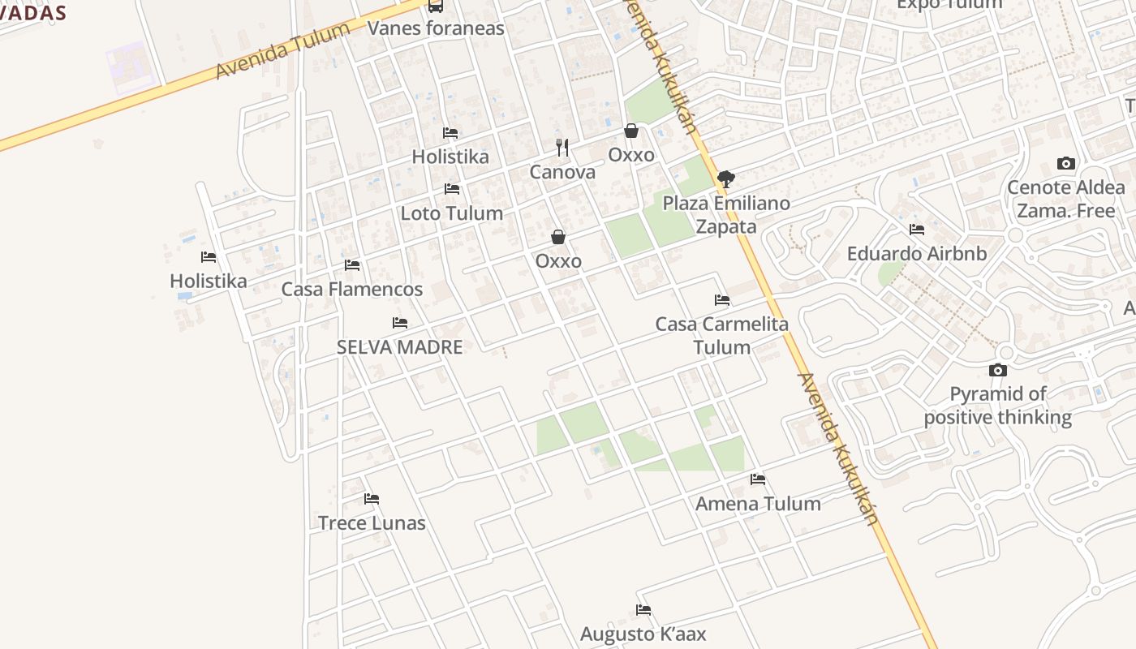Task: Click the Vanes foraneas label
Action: point(436,28)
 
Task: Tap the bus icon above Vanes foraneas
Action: point(436,6)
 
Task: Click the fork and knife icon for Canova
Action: point(562,148)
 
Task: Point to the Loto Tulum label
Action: point(451,213)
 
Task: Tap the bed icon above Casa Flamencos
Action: point(352,265)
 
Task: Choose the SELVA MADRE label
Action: point(399,347)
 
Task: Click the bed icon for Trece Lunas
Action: point(372,499)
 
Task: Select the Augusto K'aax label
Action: point(643,634)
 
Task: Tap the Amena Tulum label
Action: point(758,504)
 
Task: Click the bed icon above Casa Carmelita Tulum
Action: point(722,300)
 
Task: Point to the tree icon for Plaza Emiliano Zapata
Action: point(726,178)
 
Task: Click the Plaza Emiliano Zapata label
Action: point(726,215)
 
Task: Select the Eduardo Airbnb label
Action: point(917,254)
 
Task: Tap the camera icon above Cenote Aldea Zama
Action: point(1066,164)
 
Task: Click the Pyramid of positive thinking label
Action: point(998,406)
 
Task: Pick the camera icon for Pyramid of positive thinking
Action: point(998,371)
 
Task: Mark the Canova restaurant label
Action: point(562,172)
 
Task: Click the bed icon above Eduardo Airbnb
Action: point(917,230)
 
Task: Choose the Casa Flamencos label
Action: point(351,290)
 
